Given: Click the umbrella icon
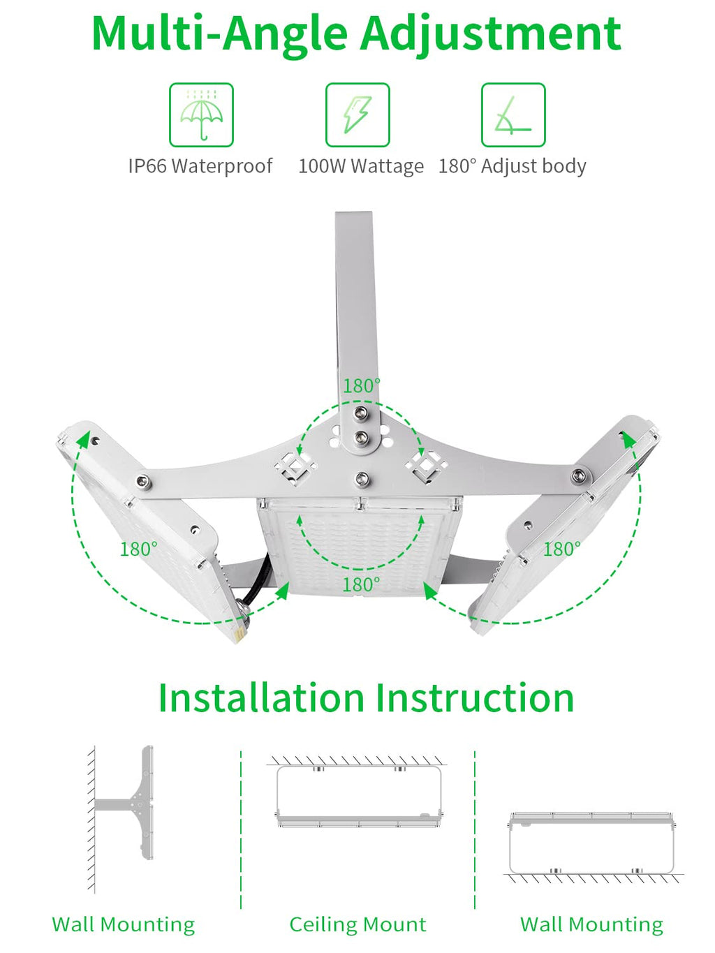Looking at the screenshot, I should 201,115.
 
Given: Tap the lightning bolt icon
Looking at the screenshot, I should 357,115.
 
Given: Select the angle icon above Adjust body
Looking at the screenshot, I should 513,115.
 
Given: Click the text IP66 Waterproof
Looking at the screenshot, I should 200,166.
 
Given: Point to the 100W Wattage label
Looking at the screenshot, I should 360,166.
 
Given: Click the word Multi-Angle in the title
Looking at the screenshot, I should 221,33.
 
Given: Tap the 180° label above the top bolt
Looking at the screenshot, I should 361,385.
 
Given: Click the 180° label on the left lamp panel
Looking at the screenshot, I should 138,549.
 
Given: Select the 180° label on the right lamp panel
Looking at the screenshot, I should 561,549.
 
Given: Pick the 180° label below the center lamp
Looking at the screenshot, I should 361,584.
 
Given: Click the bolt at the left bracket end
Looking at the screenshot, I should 143,481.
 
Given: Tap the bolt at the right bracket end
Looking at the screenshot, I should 578,476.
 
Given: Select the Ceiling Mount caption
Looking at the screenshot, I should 357,924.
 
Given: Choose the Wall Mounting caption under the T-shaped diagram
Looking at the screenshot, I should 124,924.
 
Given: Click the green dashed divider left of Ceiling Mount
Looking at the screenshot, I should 241,831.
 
